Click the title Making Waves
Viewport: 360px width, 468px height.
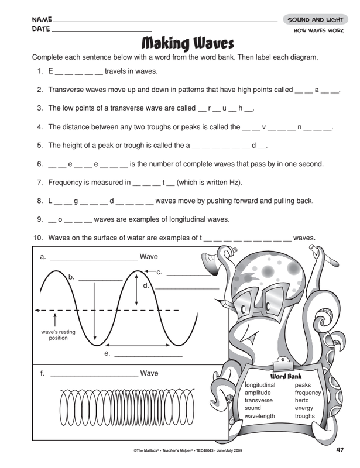coord(187,43)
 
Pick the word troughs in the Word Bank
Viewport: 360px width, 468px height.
coord(305,416)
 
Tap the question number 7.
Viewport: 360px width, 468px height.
coord(39,182)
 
